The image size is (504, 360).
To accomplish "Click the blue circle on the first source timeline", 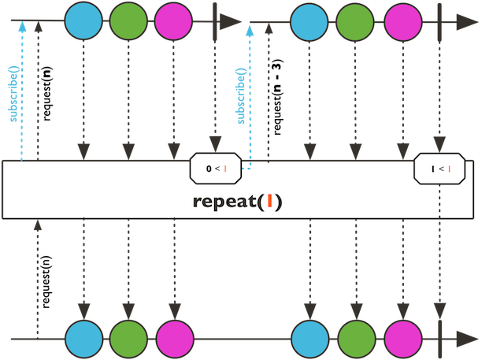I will click(83, 21).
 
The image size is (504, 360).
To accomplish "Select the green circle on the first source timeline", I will click(128, 21).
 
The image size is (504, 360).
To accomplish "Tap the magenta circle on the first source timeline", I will click(173, 21).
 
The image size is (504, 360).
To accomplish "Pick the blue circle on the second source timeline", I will click(309, 21).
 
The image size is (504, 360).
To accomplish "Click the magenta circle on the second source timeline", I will click(402, 21).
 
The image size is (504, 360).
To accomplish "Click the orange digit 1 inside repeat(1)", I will click(269, 201).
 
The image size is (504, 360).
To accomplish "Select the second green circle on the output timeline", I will click(355, 339).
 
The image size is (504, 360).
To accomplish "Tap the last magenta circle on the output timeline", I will click(402, 339).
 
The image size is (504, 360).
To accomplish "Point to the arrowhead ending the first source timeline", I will click(231, 21).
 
